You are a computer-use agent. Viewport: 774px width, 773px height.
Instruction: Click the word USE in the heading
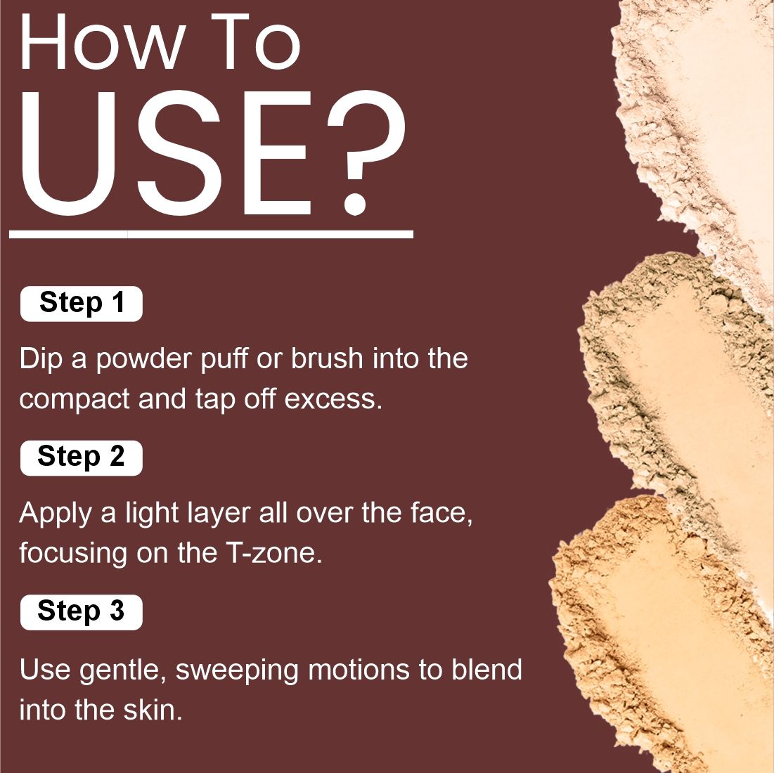coord(166,153)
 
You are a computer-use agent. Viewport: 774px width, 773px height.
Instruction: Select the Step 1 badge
coord(82,304)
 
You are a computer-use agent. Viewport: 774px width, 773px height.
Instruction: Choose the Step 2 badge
coord(82,457)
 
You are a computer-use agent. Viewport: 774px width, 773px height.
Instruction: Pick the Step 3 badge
coord(82,612)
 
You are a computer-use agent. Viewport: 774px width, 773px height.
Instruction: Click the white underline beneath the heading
coord(212,234)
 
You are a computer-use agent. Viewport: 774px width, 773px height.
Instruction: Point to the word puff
coord(224,359)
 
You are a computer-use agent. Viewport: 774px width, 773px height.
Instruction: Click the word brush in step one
coord(327,358)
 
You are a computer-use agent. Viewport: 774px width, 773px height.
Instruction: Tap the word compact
coord(74,400)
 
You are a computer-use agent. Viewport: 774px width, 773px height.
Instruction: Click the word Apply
coord(56,514)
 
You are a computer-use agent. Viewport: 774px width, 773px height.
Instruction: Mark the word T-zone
coord(274,553)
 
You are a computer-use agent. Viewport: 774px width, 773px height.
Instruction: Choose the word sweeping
coord(237,671)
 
